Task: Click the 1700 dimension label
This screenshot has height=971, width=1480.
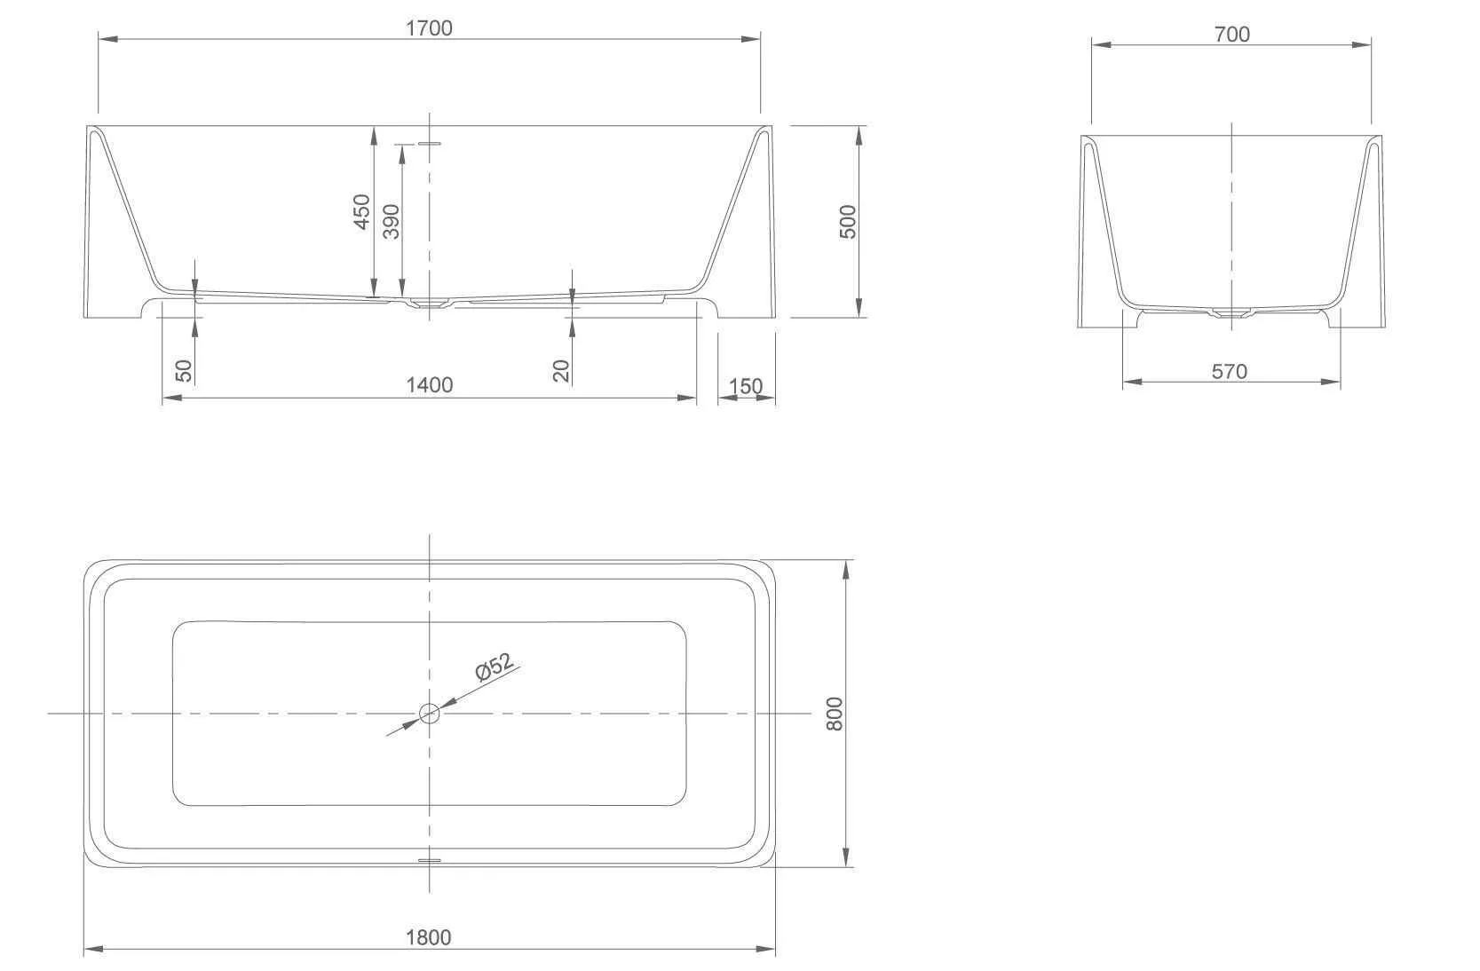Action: point(429,28)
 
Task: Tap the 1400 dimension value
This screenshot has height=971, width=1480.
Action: point(430,385)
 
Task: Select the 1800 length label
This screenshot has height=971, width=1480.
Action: point(429,937)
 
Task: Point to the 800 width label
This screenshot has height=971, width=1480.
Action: point(835,714)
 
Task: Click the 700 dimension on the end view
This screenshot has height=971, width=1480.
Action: point(1232,35)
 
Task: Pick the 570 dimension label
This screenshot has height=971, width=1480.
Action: point(1230,372)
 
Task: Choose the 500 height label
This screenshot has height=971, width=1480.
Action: point(848,222)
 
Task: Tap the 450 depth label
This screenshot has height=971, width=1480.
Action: point(361,212)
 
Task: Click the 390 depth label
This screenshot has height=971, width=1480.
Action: point(392,222)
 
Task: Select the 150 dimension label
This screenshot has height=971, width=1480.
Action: point(745,386)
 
